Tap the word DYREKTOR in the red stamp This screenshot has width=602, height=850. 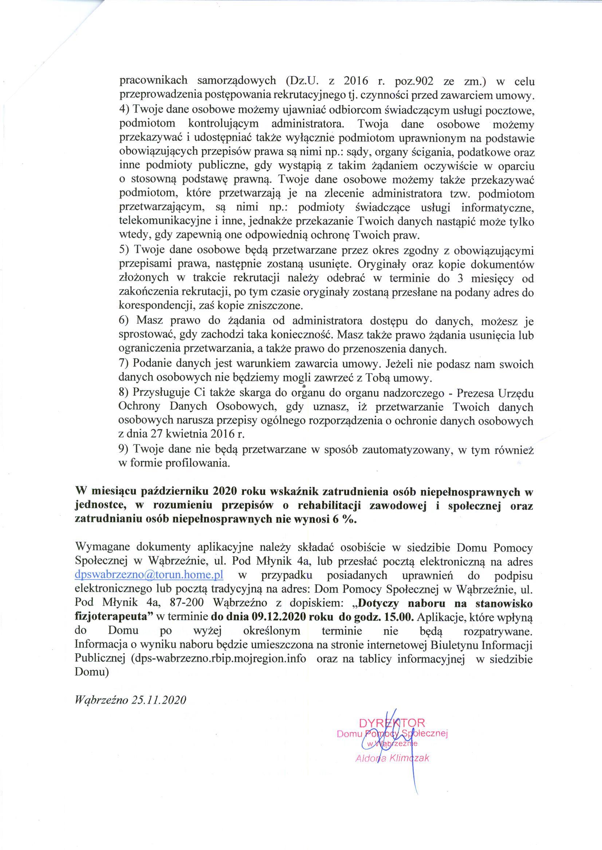(x=392, y=722)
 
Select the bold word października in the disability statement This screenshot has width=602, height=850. (x=174, y=492)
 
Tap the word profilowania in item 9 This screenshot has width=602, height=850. (x=203, y=463)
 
